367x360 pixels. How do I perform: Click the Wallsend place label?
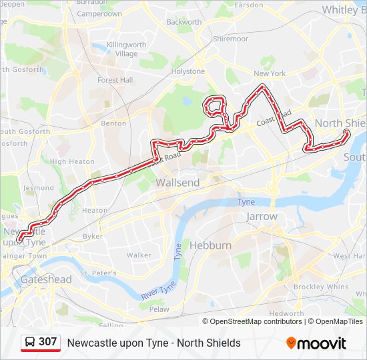point(177,182)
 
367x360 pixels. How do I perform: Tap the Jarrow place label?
point(262,217)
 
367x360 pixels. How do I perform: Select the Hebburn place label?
point(210,245)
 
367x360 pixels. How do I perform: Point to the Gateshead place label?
point(46,279)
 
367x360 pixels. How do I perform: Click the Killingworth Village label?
point(126,49)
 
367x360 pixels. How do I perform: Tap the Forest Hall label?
point(115,80)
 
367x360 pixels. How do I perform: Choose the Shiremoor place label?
point(230,39)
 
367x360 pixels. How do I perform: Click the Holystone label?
point(188,71)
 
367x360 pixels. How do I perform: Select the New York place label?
point(270,73)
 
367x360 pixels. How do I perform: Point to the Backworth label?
point(184,22)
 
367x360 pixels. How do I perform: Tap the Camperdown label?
point(99,13)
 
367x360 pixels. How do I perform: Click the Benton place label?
point(113,123)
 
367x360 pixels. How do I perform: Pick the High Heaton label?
point(72,161)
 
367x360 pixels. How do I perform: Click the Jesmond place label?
point(39,188)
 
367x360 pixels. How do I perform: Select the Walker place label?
point(139,255)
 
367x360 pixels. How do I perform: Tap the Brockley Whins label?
point(321,287)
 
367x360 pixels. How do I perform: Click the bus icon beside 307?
point(30,342)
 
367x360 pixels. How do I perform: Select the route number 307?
point(48,342)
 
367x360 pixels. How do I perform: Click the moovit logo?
point(316,343)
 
